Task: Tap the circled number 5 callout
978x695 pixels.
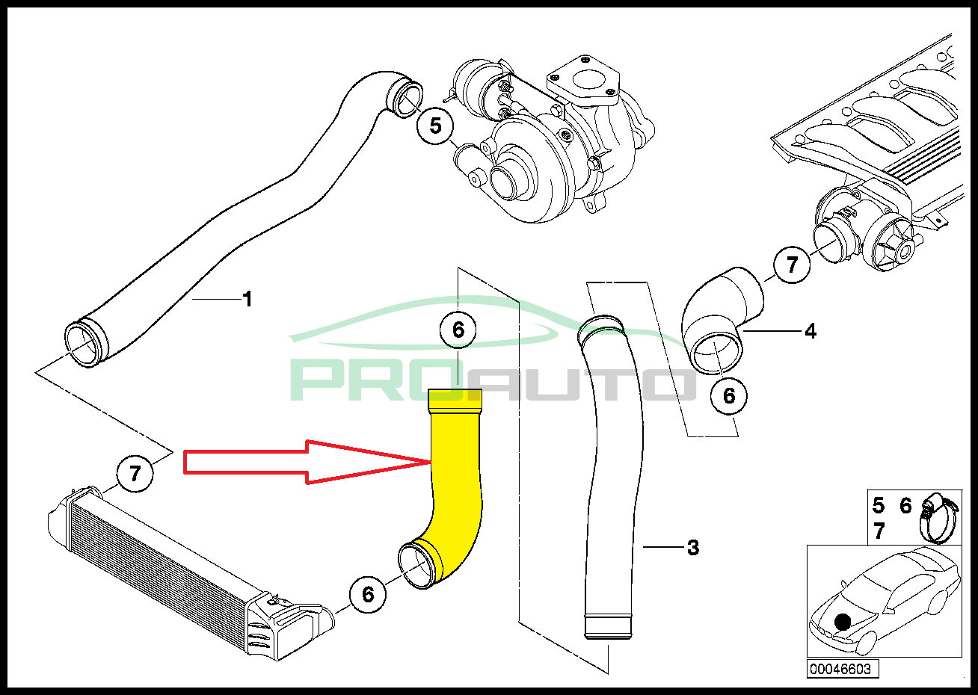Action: click(x=436, y=126)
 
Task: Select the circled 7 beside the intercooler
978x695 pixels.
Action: click(x=135, y=473)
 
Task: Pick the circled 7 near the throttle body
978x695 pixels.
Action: click(x=793, y=264)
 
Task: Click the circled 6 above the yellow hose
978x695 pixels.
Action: click(x=458, y=329)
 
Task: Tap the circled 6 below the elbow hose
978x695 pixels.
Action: click(x=729, y=395)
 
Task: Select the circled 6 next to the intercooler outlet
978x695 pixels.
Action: click(x=368, y=594)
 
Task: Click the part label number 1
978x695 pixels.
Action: click(x=247, y=300)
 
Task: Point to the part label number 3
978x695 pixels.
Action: click(x=692, y=548)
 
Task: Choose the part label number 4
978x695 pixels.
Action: click(x=811, y=330)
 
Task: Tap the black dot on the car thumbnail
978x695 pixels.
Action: click(x=843, y=621)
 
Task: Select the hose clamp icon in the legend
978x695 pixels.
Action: click(x=936, y=516)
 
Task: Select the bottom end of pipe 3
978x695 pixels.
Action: click(x=608, y=626)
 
